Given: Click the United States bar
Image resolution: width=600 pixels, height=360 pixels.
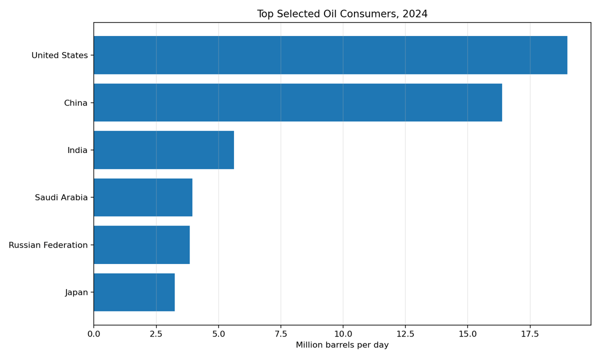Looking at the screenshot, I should click(330, 55).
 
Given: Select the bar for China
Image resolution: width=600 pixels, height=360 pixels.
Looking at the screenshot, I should click(297, 102).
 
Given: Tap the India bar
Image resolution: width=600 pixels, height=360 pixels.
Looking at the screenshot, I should click(163, 150).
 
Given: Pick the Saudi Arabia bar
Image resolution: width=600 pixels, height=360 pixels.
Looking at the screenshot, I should click(143, 197).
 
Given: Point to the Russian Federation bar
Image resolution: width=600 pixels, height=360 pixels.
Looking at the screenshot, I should click(141, 245).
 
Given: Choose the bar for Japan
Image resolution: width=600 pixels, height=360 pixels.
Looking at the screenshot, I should click(134, 292).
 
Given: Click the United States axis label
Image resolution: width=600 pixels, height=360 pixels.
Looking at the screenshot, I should click(59, 55).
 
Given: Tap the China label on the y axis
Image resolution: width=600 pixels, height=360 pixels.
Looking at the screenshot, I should click(75, 103).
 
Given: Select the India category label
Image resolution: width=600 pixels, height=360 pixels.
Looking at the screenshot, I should click(77, 150).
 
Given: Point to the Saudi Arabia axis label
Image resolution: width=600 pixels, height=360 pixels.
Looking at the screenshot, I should click(61, 198).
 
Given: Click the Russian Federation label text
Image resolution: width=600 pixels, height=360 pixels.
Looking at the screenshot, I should click(48, 245).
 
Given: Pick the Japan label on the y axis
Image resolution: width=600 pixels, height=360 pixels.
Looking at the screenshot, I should click(76, 292).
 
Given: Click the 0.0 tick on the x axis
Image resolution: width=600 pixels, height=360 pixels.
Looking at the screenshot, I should click(93, 334).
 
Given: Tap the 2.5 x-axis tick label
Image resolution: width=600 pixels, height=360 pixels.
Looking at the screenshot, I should click(156, 334).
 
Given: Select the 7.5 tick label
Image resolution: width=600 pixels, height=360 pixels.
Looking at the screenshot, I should click(280, 334).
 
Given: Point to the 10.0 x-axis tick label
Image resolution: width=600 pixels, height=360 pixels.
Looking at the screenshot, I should click(343, 334).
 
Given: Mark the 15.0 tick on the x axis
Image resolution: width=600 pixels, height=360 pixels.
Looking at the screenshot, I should click(467, 334).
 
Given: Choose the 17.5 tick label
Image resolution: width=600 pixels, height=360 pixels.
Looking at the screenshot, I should click(530, 334).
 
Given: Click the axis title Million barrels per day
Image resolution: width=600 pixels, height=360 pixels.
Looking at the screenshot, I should click(342, 345).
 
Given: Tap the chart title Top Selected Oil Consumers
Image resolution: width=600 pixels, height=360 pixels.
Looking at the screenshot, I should click(342, 14).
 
